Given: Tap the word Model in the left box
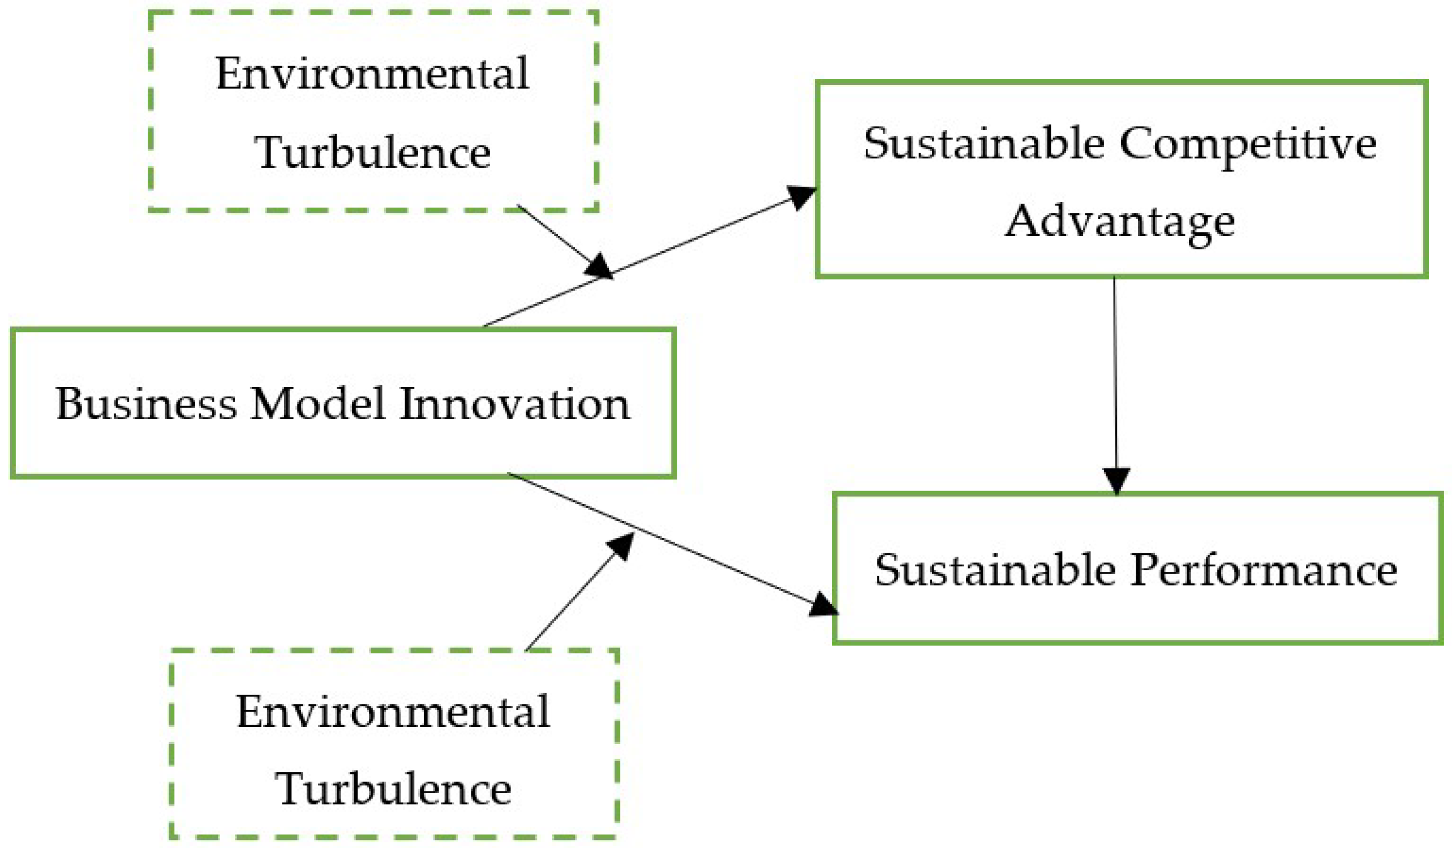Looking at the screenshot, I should (317, 404).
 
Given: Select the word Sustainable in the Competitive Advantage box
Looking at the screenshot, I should (983, 144).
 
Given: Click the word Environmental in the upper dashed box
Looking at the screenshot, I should (372, 74).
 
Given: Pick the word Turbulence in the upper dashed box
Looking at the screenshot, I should (372, 153).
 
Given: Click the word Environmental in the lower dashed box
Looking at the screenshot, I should (393, 712).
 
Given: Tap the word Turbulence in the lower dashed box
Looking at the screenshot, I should (393, 789).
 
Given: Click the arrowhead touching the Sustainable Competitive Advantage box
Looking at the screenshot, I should (802, 196).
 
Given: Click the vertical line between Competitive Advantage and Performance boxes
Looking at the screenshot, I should (1115, 375).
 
